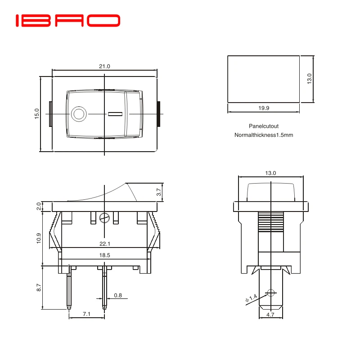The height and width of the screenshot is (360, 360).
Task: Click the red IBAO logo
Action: tap(68, 21)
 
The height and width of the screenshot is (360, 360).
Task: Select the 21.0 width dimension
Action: tap(104, 66)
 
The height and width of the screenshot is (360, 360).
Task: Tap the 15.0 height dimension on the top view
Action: tap(37, 113)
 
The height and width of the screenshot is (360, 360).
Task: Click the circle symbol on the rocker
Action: tap(79, 114)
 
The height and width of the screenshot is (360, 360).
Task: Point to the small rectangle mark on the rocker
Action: tap(115, 114)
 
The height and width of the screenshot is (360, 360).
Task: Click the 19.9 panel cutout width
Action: tap(264, 108)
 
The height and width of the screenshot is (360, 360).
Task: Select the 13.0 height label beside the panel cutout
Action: tap(309, 79)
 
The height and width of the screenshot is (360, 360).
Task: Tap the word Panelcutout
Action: tap(264, 126)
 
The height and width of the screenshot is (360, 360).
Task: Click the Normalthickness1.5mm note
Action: tap(264, 135)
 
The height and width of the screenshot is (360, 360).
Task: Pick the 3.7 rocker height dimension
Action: tap(158, 192)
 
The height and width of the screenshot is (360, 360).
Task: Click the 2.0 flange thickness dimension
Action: tap(39, 207)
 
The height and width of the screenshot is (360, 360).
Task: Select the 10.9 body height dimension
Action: tap(39, 238)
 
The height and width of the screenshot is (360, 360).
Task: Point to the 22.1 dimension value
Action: tap(105, 244)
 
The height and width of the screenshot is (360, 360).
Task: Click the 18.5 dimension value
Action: tap(105, 255)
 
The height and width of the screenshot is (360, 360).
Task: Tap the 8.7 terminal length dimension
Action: tap(39, 287)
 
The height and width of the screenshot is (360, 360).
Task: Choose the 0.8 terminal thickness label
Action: tap(118, 296)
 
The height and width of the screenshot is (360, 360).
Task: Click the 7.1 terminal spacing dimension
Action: tap(87, 315)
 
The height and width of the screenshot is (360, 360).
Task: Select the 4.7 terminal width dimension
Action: tap(270, 315)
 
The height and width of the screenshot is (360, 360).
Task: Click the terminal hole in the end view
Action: tap(270, 293)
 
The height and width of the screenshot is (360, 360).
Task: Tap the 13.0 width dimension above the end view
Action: tap(270, 173)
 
